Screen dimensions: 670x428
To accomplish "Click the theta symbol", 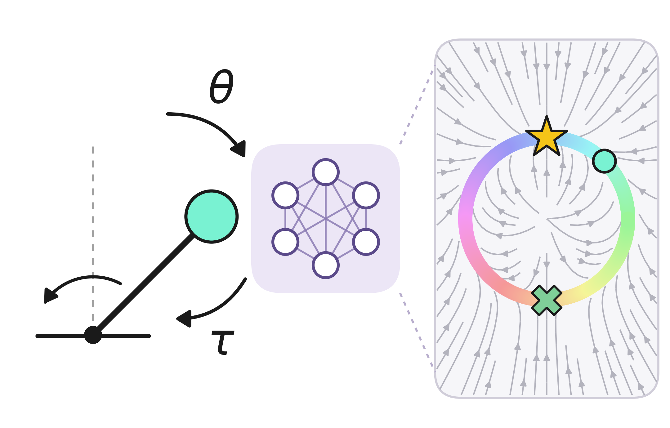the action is [x=221, y=86].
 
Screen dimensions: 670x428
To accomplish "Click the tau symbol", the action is [x=222, y=342].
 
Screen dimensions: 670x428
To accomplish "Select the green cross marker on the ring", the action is [x=547, y=300].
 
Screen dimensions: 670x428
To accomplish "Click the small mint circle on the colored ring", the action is [x=604, y=161].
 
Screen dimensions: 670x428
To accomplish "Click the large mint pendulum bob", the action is [x=212, y=216].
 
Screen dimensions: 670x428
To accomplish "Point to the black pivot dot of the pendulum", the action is [x=93, y=335].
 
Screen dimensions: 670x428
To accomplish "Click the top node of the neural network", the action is [x=326, y=172].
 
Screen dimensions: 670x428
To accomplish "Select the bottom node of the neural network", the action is [x=326, y=265].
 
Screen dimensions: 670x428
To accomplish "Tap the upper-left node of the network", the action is [x=285, y=195].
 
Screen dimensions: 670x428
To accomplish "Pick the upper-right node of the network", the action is [x=366, y=195].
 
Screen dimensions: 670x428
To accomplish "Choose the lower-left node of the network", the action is [x=285, y=242].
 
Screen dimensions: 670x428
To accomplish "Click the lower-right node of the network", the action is [x=366, y=242].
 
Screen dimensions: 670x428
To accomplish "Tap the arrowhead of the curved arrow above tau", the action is [x=185, y=319].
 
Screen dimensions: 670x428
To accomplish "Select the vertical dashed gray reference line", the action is [x=93, y=236].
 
